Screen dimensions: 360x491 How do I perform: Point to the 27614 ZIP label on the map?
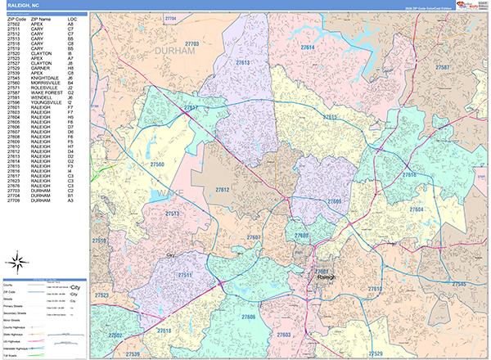tap(308, 48)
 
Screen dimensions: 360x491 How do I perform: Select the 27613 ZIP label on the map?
tap(242, 62)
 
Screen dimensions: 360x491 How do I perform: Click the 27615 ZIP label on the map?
tap(329, 117)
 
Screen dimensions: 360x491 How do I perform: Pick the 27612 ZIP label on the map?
tap(222, 190)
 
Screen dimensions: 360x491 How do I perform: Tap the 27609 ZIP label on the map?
tap(335, 200)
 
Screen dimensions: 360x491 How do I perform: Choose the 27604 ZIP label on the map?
tap(417, 210)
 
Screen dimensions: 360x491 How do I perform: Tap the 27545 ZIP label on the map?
tap(458, 283)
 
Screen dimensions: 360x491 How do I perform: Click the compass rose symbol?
tap(17, 263)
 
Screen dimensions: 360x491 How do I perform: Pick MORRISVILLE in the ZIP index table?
tap(44, 83)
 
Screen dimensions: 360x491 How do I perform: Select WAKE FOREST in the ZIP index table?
tap(45, 93)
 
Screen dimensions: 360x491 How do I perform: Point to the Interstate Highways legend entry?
tap(20, 348)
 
